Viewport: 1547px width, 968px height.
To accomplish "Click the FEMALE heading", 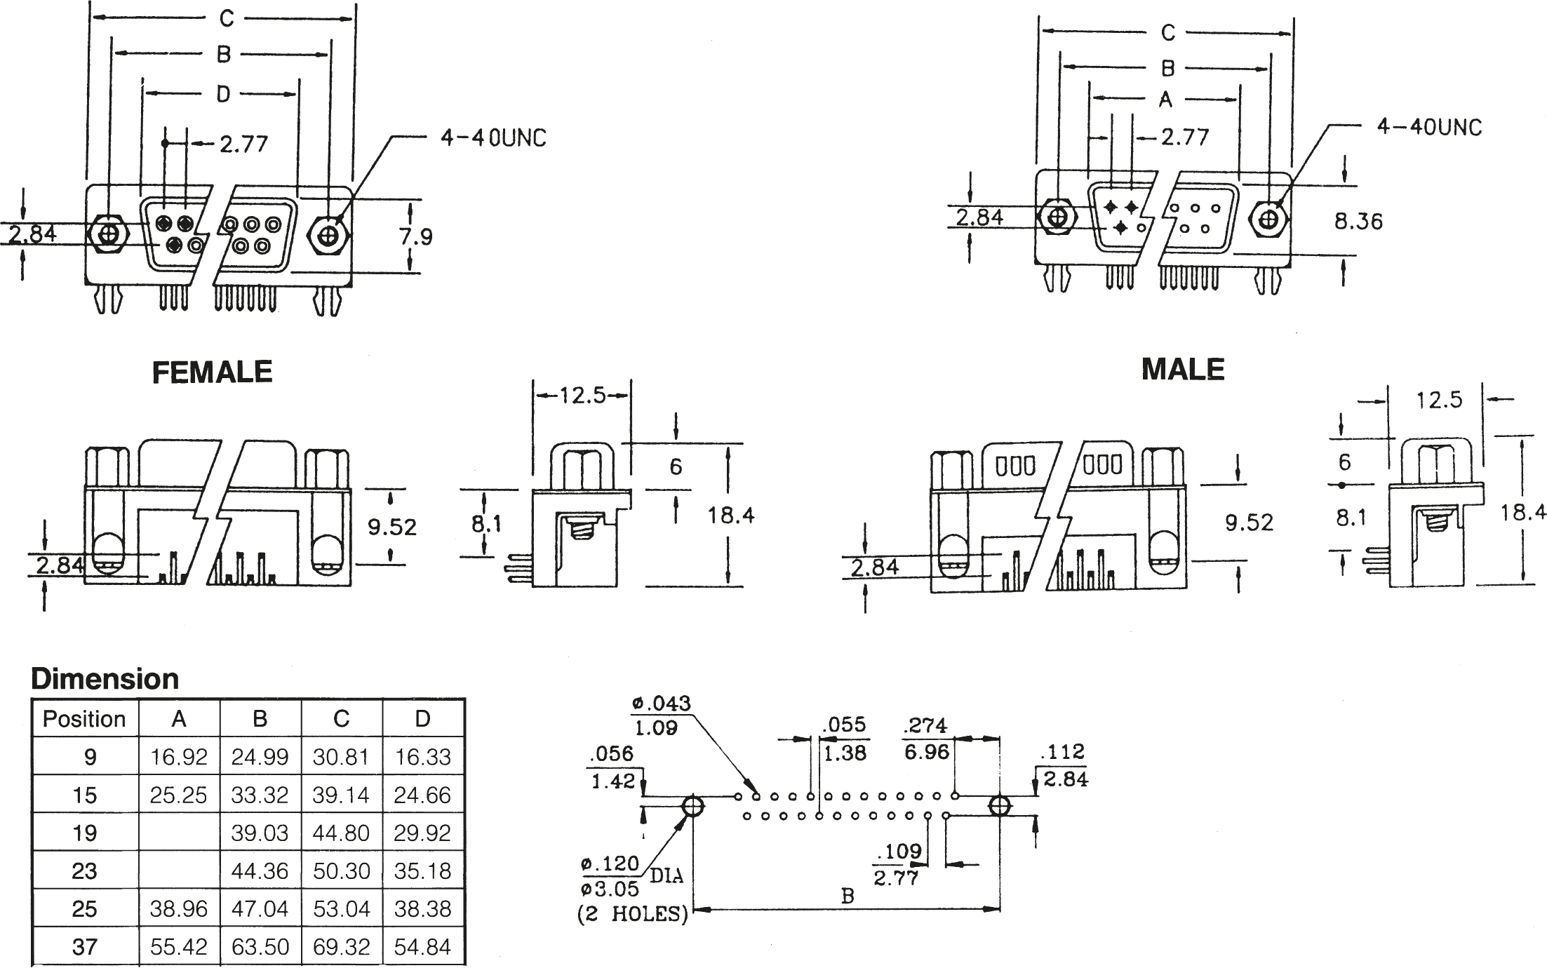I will coord(212,372).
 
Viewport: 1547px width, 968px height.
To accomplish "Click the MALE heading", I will coord(1183,370).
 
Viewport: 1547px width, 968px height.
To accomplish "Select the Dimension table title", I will coord(105,679).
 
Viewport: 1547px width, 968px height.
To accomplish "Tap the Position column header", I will coord(84,719).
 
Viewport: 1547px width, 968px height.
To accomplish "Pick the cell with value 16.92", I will coord(179,757).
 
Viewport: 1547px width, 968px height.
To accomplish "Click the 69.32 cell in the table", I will coord(341,947).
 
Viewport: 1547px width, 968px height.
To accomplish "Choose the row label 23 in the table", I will coord(84,871).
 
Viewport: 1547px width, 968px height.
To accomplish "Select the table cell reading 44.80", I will coord(341,833).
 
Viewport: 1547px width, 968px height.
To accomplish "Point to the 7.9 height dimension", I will coord(416,236).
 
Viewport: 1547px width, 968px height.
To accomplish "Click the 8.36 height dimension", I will coord(1358,222).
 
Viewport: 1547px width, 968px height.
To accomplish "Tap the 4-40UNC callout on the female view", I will coord(493,138).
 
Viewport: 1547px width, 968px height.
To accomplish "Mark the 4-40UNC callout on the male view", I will coord(1430,128).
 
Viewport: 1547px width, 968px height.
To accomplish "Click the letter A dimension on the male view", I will coord(1166,100).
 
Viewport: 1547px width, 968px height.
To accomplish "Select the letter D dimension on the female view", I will coord(223,94).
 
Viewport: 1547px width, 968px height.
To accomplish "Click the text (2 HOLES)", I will coord(632,915).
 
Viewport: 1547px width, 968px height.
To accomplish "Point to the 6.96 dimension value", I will coord(926,753).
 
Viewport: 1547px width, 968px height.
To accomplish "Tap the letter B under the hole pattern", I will coord(848,896).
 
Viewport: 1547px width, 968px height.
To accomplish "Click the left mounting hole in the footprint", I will coord(692,806).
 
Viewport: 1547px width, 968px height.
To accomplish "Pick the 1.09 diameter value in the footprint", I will coord(656,727).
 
